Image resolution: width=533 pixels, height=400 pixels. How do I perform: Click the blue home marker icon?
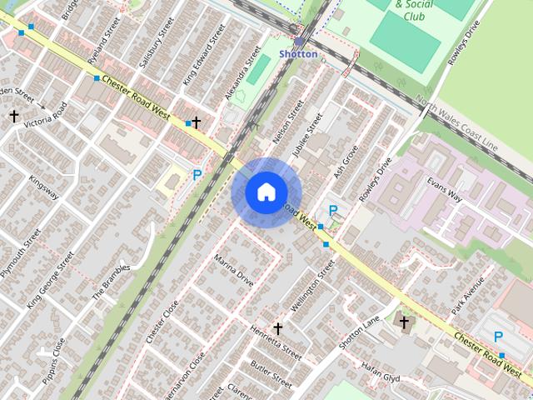pyautogui.click(x=266, y=192)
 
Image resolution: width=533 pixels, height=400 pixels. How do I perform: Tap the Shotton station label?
pyautogui.click(x=298, y=54)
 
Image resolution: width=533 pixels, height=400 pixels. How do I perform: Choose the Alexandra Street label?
pyautogui.click(x=242, y=74)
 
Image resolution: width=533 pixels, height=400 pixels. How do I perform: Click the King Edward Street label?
pyautogui.click(x=204, y=55)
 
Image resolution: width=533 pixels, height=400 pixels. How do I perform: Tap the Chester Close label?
pyautogui.click(x=162, y=321)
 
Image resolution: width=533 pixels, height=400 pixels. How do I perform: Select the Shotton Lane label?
pyautogui.click(x=359, y=332)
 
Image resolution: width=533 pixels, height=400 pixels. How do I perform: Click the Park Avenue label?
pyautogui.click(x=468, y=296)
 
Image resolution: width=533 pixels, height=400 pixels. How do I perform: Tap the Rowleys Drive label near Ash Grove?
pyautogui.click(x=376, y=181)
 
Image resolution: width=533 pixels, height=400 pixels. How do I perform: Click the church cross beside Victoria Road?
pyautogui.click(x=13, y=116)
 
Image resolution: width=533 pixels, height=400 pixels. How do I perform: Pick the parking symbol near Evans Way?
pyautogui.click(x=333, y=211)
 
